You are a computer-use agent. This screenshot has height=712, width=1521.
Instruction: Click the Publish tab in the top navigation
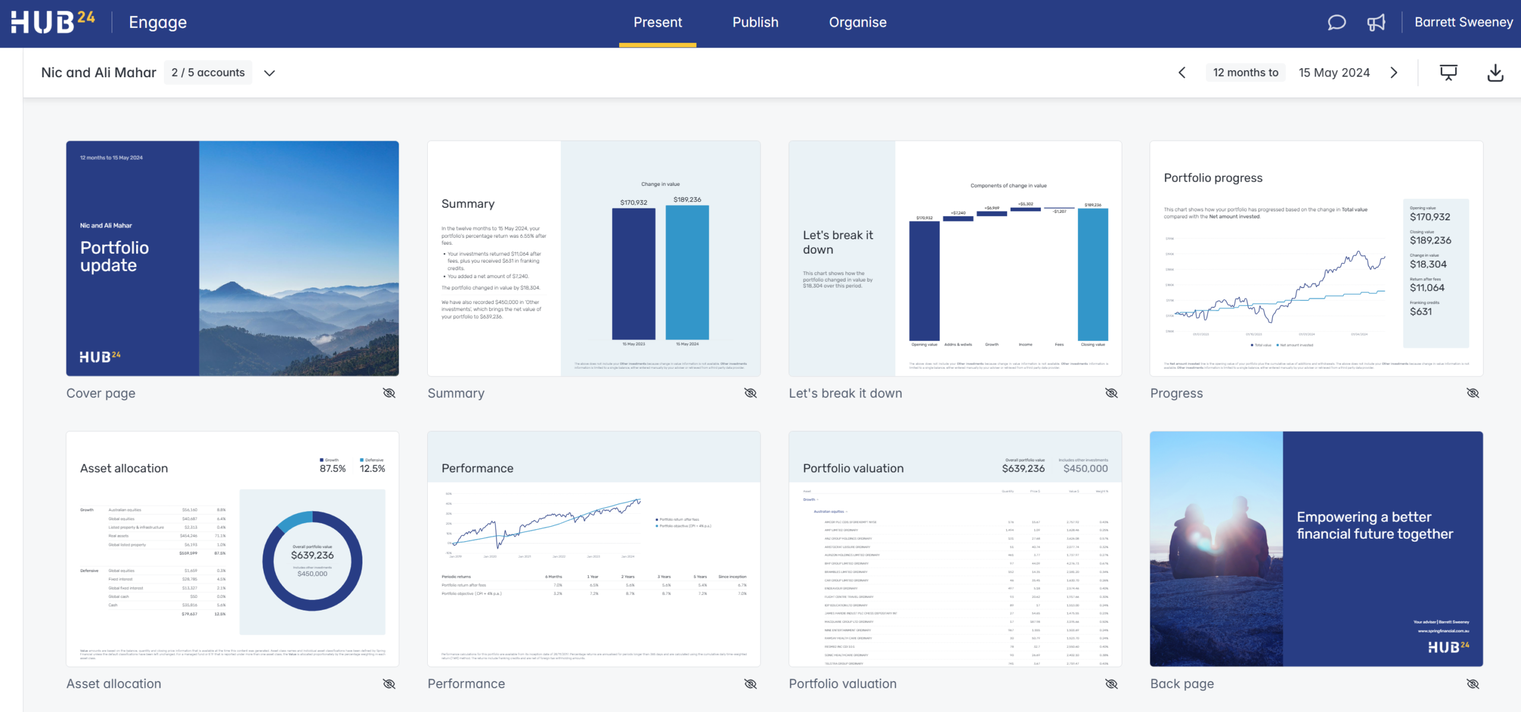(755, 23)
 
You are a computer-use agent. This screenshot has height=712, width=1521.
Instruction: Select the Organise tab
(857, 23)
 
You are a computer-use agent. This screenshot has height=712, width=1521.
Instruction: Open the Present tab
(658, 23)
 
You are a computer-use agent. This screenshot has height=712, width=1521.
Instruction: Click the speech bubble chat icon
(1336, 23)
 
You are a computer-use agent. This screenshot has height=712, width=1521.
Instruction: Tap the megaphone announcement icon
(1376, 23)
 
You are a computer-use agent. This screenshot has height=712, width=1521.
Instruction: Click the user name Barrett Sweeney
(1463, 23)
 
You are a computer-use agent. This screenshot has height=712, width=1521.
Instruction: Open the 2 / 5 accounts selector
(208, 72)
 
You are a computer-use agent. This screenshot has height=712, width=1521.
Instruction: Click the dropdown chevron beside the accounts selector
(270, 73)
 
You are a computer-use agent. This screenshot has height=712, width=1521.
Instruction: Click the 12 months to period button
(1245, 72)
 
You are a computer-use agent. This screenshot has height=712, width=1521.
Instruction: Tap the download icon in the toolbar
(1495, 72)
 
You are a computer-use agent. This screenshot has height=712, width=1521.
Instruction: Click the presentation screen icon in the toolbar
(1449, 72)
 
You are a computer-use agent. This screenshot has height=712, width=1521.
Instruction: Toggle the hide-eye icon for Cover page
(389, 393)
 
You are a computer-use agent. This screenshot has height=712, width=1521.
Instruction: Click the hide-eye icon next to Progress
(1473, 393)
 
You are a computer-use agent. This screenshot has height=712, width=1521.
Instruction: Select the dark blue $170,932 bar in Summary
(633, 273)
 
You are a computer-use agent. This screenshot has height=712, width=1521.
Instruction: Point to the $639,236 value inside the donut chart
(313, 555)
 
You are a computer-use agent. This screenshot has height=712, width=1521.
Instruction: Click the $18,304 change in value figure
(1428, 264)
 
